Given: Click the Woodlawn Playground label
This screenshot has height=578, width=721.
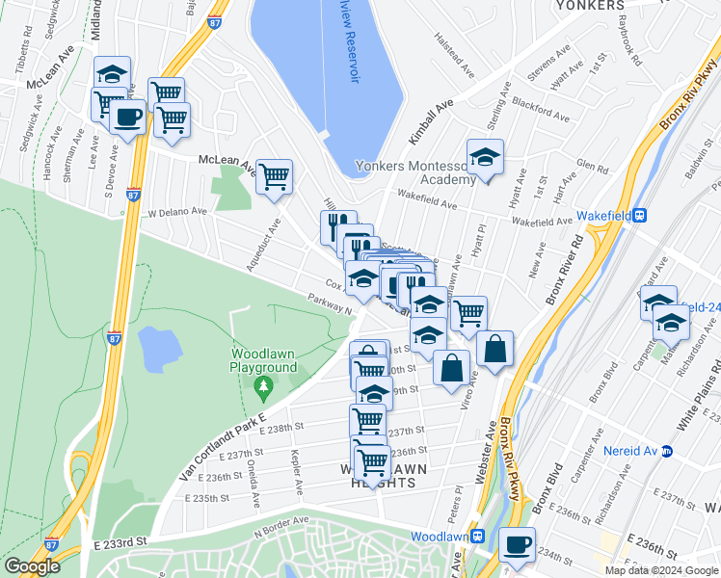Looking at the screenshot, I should pos(262,361).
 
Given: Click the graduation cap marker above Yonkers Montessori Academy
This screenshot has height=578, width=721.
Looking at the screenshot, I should pos(485,157).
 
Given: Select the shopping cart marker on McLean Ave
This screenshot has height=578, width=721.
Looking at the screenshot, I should pos(275,176).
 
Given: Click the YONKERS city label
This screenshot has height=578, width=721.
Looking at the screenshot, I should pos(590,5).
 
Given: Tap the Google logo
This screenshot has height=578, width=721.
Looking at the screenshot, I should pos(32,567).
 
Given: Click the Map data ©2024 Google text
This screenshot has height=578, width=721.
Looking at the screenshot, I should pos(660,570).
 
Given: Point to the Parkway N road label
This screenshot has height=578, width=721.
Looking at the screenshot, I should pos(330,303).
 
